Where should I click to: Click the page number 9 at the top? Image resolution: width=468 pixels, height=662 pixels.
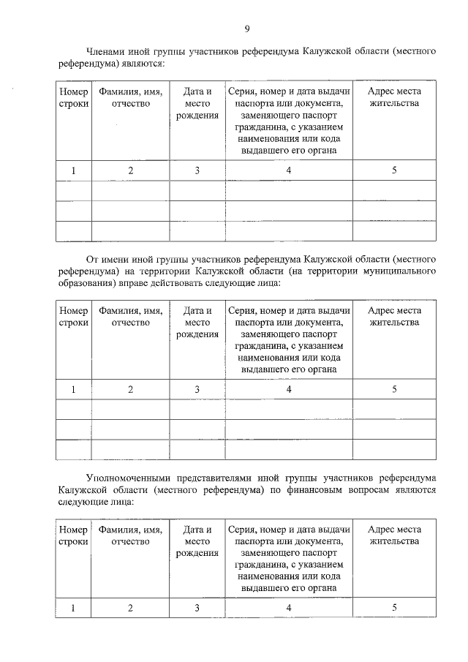tap(246, 29)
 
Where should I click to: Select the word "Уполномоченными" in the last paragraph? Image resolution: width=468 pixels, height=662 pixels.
tap(127, 476)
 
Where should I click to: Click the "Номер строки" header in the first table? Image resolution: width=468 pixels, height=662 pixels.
tap(73, 98)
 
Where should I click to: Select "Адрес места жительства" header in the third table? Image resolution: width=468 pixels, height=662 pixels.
tap(394, 535)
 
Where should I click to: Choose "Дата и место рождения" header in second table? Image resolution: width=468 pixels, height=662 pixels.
tap(197, 323)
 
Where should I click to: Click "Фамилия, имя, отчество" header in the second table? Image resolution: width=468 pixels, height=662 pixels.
tap(130, 317)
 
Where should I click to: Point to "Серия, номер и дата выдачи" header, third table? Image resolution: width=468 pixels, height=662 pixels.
tap(289, 529)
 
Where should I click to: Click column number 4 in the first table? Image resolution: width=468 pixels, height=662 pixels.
tap(289, 170)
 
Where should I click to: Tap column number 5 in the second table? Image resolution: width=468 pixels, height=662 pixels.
tap(394, 389)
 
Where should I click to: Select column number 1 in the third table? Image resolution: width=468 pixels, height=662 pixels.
tap(73, 607)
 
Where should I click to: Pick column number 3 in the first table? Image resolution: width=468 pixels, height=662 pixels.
tap(197, 170)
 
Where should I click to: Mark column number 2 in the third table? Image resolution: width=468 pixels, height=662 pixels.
tap(130, 607)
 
